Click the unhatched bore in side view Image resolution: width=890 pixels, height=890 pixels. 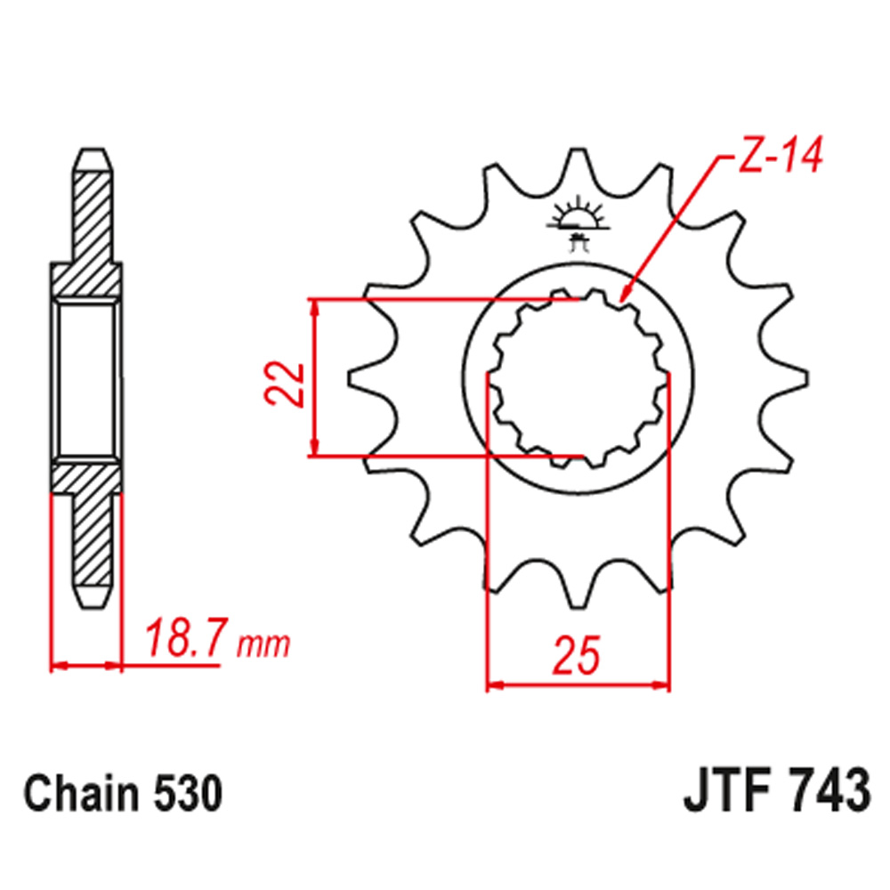[86, 378]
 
